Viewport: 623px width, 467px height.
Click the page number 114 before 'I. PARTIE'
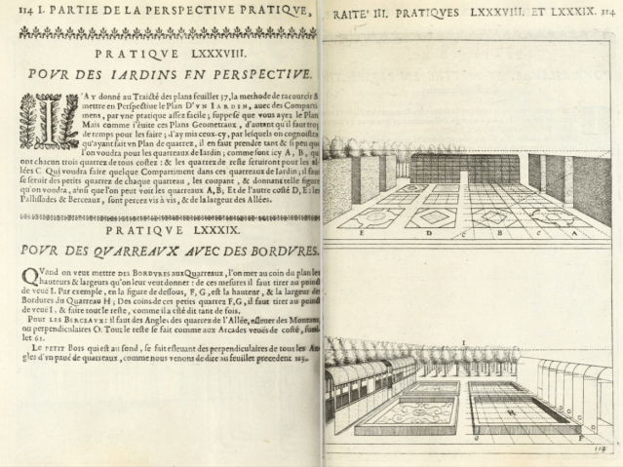point(13,11)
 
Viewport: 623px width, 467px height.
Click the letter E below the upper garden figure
point(362,234)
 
